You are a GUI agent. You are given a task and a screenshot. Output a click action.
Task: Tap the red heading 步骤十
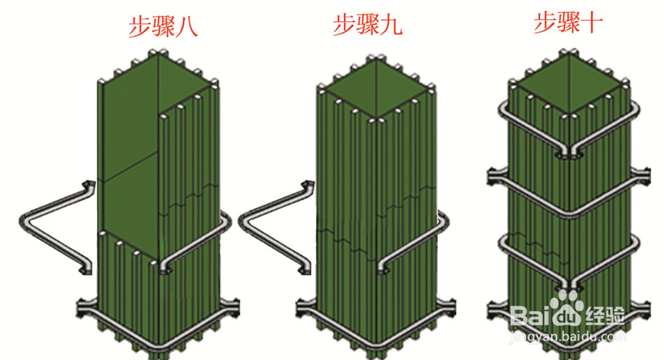tap(568, 23)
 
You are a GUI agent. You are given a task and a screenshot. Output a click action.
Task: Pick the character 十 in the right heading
tap(591, 23)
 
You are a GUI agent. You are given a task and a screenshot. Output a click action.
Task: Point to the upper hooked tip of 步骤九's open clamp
tap(305, 183)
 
